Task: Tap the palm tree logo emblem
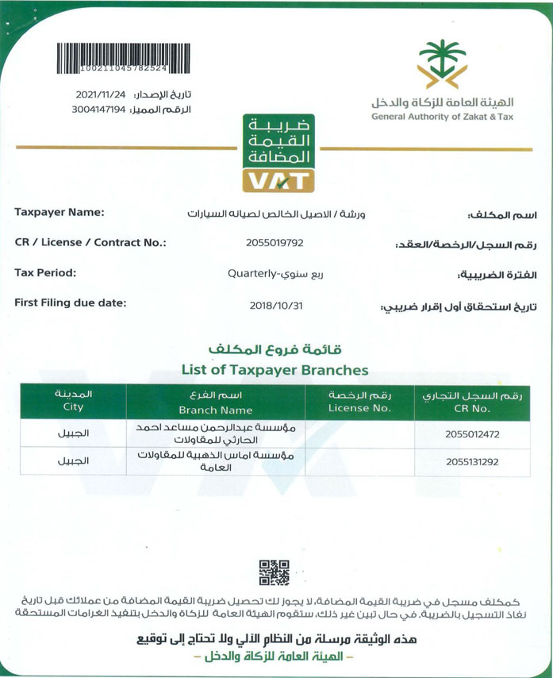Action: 442,64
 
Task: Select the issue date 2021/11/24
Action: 101,94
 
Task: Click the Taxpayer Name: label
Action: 60,212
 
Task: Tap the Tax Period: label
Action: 45,273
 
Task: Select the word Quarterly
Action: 251,274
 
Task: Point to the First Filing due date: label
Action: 71,302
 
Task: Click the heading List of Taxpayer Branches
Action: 275,369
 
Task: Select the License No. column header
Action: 359,408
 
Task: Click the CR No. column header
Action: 471,410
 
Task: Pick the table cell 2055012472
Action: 471,434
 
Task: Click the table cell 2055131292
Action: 471,460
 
